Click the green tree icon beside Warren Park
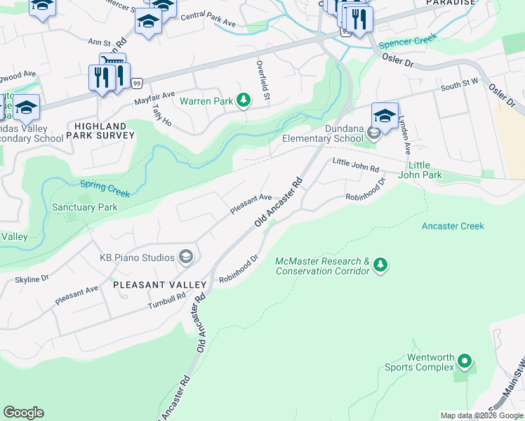[244, 101]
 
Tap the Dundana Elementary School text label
[324, 133]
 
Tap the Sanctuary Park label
[84, 208]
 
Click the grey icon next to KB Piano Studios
[186, 257]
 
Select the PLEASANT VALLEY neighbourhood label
[159, 285]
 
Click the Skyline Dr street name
[32, 279]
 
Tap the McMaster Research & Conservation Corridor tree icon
[380, 265]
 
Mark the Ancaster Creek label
[453, 226]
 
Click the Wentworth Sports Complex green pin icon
[464, 362]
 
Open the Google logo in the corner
[23, 413]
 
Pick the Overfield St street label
[262, 80]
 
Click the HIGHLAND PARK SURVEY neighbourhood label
[100, 131]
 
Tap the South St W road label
[460, 86]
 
